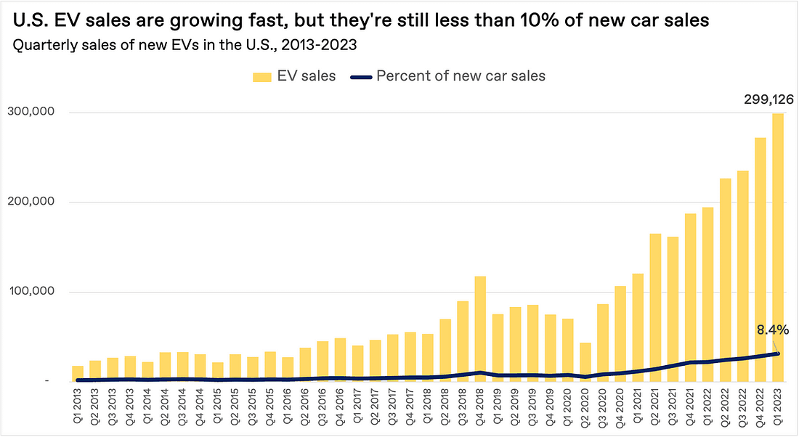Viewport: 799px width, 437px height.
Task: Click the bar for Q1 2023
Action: click(778, 247)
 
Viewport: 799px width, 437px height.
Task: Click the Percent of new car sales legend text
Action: click(461, 76)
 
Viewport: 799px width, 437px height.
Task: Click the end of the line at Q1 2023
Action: click(778, 354)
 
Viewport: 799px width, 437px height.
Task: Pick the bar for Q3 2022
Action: click(742, 276)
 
